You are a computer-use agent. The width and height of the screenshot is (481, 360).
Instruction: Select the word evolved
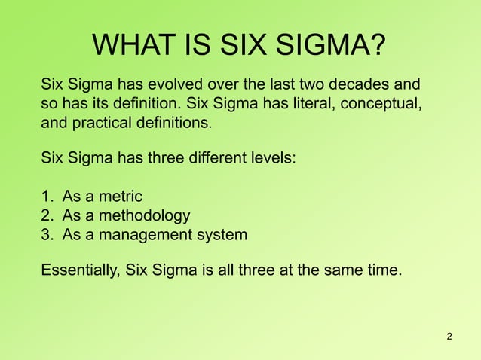pos(180,84)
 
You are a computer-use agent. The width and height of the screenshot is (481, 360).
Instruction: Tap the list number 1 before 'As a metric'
pos(46,197)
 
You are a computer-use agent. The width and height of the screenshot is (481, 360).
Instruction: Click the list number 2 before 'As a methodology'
pos(46,216)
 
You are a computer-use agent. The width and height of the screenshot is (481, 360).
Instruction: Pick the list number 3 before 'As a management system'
pos(46,235)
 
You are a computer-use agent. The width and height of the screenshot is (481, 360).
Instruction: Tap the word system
pos(220,236)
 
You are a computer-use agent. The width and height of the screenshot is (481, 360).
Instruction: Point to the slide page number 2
pos(449,335)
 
